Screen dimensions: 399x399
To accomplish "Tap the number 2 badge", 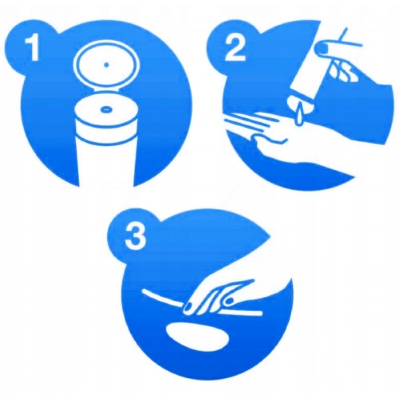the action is (234, 48).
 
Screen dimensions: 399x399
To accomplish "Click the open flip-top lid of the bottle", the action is (106, 66).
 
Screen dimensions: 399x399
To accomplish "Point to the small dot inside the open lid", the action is (106, 65).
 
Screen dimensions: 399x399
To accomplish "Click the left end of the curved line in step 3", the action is (143, 290).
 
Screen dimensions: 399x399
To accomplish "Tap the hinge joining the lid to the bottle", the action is (106, 90).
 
